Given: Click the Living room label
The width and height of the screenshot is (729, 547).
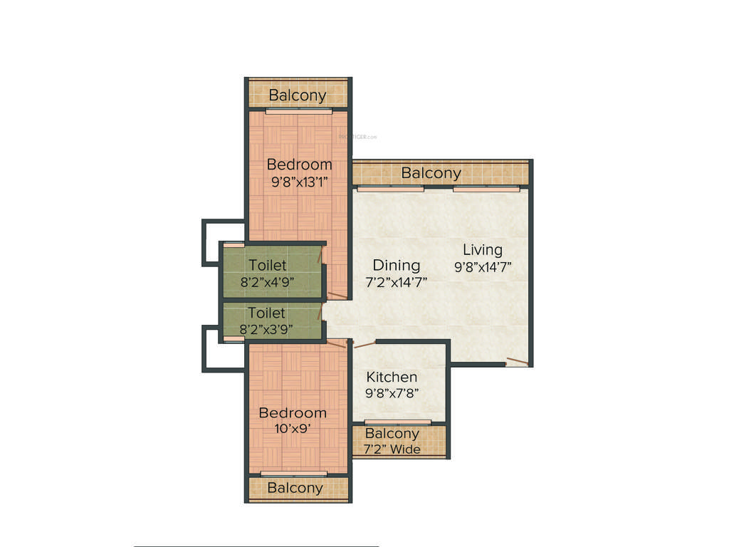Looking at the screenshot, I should click(x=483, y=250).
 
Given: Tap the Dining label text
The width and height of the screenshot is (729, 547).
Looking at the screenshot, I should click(x=397, y=265).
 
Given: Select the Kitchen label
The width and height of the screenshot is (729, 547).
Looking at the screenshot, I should click(x=392, y=377).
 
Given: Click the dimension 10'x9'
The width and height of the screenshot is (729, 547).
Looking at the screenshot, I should click(x=293, y=429).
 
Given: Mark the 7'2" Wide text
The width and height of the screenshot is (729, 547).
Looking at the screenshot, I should click(x=392, y=449).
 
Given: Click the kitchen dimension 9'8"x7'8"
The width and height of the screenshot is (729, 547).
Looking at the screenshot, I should click(x=392, y=393).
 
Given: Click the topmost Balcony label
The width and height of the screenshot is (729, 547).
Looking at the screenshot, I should click(x=298, y=95).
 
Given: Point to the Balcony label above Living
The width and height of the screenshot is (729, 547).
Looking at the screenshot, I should click(x=431, y=172).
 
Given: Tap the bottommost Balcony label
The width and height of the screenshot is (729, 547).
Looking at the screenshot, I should click(x=295, y=488).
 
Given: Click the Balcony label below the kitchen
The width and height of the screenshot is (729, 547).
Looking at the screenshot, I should click(x=392, y=434).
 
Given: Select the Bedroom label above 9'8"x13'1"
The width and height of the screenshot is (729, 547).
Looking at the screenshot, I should click(x=300, y=165).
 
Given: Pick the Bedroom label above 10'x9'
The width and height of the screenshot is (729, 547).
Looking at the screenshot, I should click(x=293, y=412).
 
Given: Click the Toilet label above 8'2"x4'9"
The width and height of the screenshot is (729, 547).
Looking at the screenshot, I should click(x=268, y=266).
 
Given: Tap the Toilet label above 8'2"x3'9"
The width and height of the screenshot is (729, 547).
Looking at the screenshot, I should click(x=266, y=313).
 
